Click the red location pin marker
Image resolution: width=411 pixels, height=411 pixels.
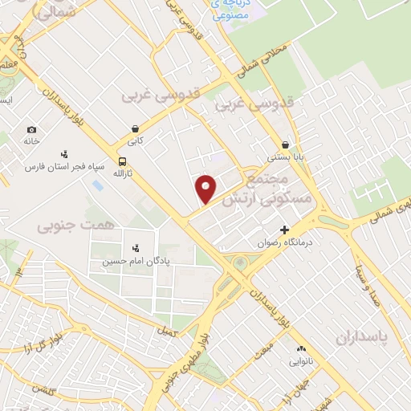[206, 188]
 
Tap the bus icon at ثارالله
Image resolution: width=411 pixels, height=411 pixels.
[121, 161]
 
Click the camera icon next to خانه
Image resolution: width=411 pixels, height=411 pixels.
[31, 130]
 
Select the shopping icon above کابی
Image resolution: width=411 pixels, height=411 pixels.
[136, 128]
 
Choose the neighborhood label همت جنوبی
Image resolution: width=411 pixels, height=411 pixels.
[66, 227]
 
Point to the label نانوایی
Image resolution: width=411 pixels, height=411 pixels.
[303, 360]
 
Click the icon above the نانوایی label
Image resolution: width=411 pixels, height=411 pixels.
[303, 348]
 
